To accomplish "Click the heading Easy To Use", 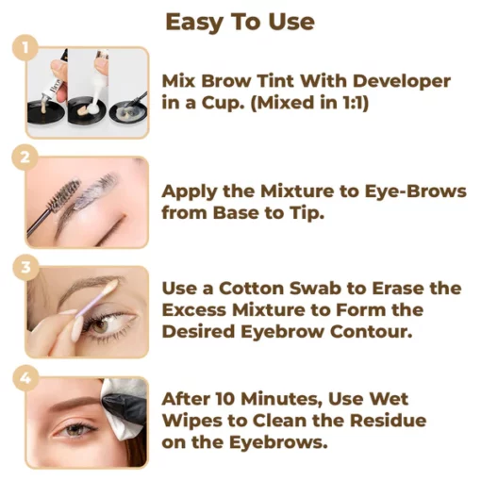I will [x=240, y=22].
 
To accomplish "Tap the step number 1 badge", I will [x=27, y=47].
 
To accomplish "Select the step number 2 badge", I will [x=27, y=157].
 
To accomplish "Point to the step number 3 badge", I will [x=27, y=267].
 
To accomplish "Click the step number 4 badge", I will [x=27, y=377].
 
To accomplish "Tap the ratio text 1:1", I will [x=350, y=103].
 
